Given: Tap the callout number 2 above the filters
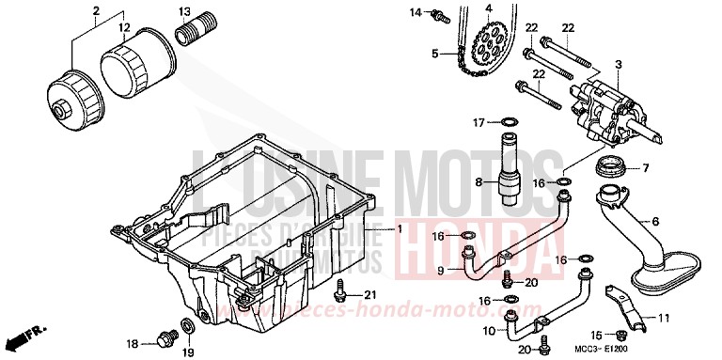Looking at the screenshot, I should tap(96, 12).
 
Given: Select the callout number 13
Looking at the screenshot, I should tap(185, 11).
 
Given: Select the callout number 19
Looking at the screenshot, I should tap(186, 352).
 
